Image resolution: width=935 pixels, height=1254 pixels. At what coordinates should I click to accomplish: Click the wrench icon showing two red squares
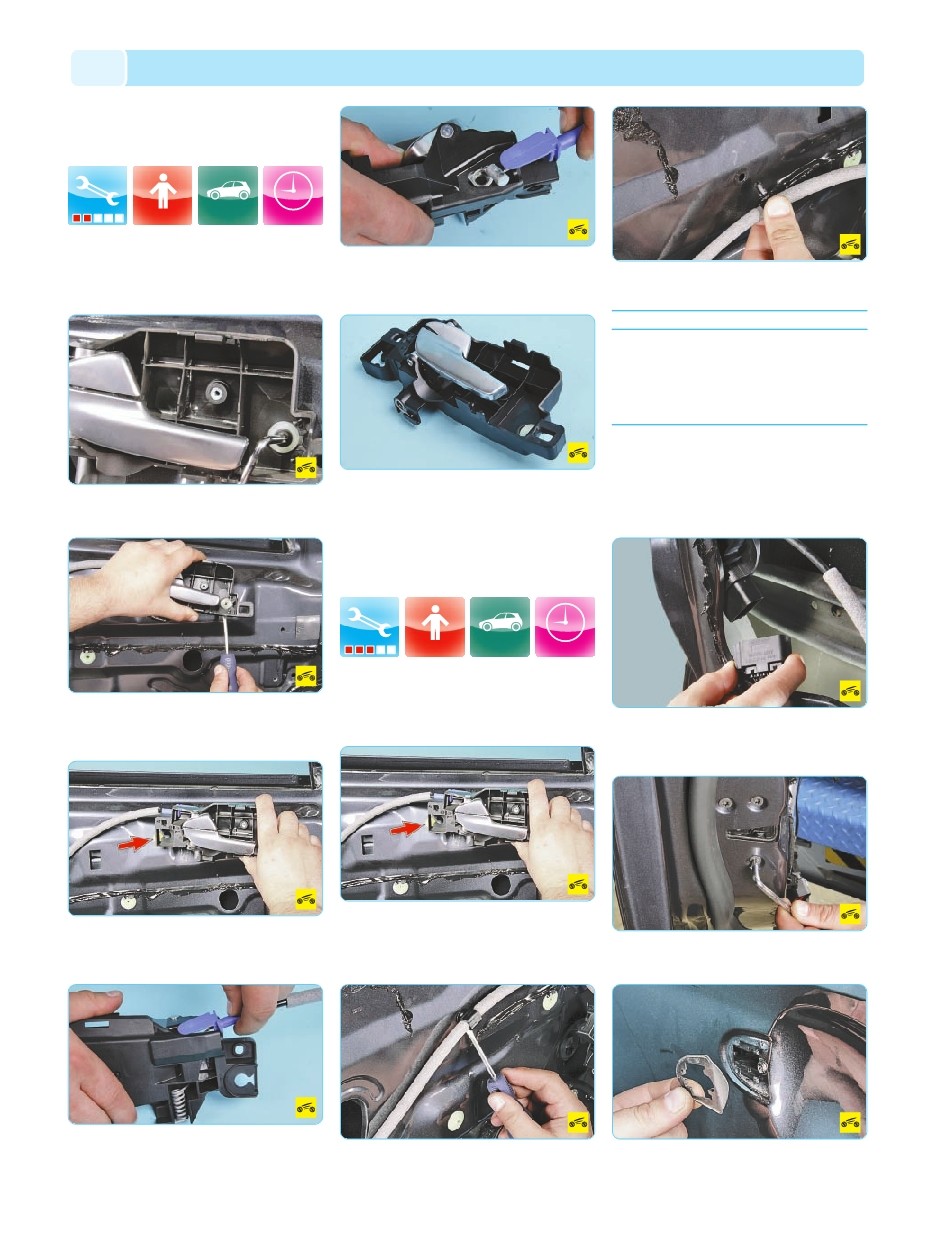click(x=98, y=195)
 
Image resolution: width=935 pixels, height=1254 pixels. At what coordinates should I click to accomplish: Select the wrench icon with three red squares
click(x=370, y=627)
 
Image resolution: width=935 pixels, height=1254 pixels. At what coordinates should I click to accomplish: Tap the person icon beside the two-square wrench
click(x=162, y=195)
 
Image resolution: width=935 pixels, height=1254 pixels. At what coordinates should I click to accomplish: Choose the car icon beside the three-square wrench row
click(x=500, y=627)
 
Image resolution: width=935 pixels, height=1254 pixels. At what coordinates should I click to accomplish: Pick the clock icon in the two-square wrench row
click(x=293, y=195)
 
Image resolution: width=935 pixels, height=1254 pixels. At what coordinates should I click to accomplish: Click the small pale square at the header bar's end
click(x=98, y=68)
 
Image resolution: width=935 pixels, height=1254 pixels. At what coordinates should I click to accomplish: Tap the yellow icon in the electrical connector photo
click(x=850, y=691)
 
